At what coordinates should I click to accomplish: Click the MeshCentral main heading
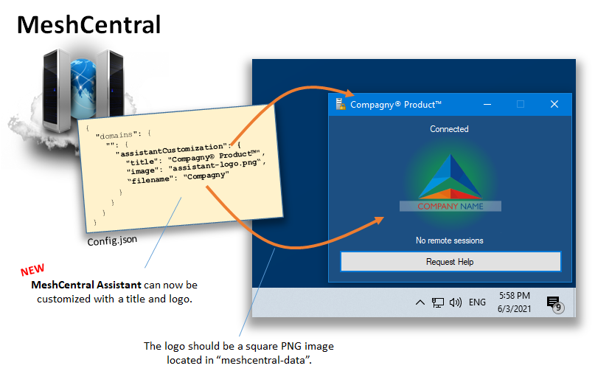[x=88, y=24]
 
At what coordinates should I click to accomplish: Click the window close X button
[x=554, y=104]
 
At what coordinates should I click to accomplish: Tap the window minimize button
[x=487, y=104]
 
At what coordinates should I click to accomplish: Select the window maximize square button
[x=521, y=104]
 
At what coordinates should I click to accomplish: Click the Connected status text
[x=449, y=129]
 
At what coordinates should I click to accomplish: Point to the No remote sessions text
[x=449, y=240]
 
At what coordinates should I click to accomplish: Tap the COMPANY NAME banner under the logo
[x=450, y=206]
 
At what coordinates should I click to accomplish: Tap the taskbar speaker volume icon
[x=456, y=302]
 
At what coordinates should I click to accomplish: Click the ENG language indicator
[x=477, y=302]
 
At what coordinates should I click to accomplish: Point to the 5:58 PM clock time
[x=514, y=295]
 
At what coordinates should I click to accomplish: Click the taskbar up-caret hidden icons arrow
[x=420, y=302]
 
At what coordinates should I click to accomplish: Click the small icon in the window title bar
[x=341, y=104]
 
